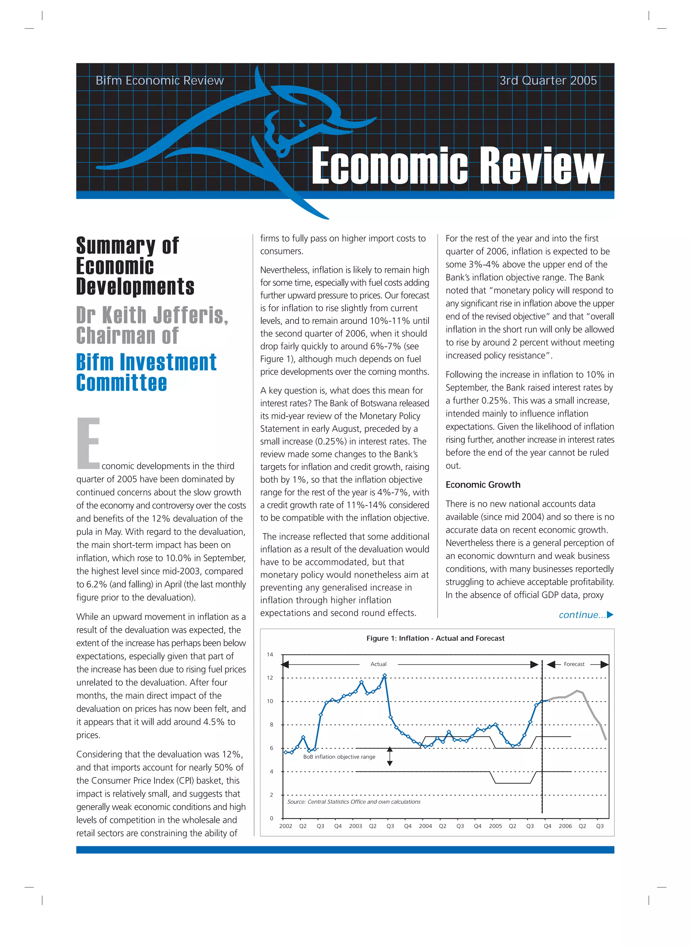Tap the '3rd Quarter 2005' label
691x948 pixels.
tap(548, 80)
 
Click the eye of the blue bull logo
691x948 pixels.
tap(301, 123)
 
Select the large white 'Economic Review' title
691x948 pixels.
tap(458, 166)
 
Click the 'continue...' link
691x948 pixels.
tap(582, 615)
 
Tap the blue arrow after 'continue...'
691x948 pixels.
tap(610, 615)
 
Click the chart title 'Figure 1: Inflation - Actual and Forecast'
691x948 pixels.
tap(435, 638)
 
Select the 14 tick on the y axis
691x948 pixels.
tap(270, 655)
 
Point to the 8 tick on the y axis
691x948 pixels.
tap(271, 724)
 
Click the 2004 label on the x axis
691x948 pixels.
tap(425, 826)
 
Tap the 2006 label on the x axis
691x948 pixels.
tap(565, 826)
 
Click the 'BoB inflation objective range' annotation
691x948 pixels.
tap(339, 757)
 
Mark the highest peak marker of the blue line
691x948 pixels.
tap(385, 675)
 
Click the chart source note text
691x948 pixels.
tap(354, 801)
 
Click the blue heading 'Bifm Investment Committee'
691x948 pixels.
tap(146, 372)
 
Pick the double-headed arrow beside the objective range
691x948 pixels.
tap(389, 756)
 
